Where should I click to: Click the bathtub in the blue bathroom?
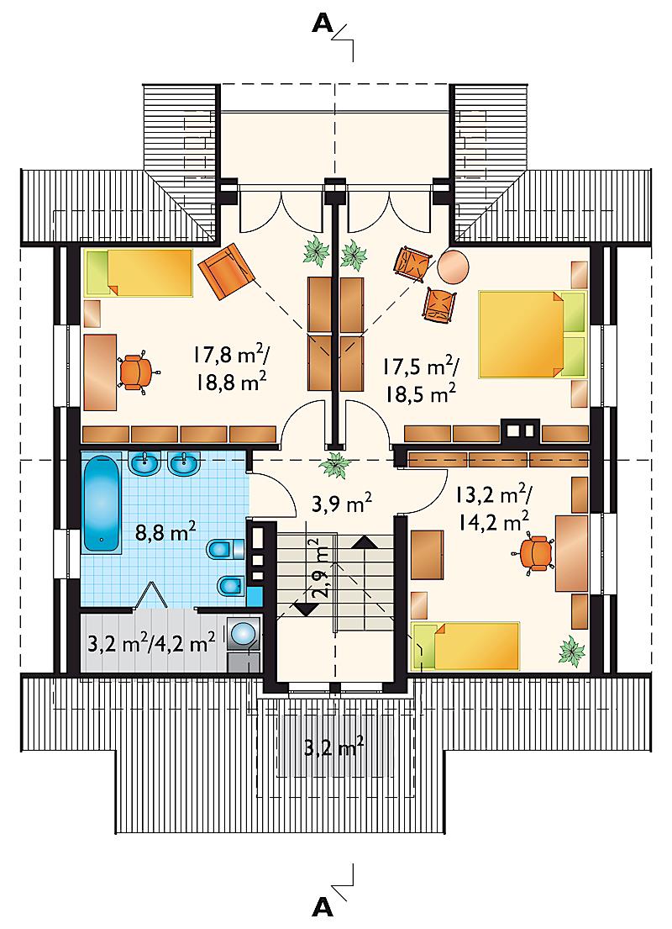tap(102, 504)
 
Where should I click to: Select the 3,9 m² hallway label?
tap(342, 504)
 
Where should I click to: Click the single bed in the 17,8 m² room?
tap(139, 272)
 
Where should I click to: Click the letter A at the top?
tap(323, 23)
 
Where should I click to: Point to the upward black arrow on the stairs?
tap(366, 541)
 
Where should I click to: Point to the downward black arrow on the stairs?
tap(306, 609)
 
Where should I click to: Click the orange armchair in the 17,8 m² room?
tap(226, 271)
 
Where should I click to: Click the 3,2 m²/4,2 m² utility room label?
tap(151, 643)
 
